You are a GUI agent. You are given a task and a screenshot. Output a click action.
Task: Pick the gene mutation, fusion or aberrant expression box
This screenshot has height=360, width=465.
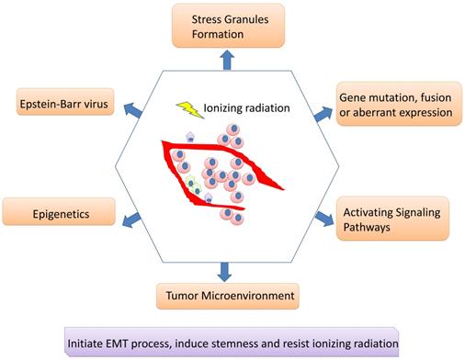397,105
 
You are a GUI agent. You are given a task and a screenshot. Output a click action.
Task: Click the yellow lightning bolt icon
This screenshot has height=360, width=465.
188,109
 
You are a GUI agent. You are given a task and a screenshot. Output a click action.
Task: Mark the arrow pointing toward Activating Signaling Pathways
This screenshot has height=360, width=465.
323,218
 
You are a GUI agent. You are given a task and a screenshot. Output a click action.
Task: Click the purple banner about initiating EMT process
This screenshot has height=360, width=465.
232,343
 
